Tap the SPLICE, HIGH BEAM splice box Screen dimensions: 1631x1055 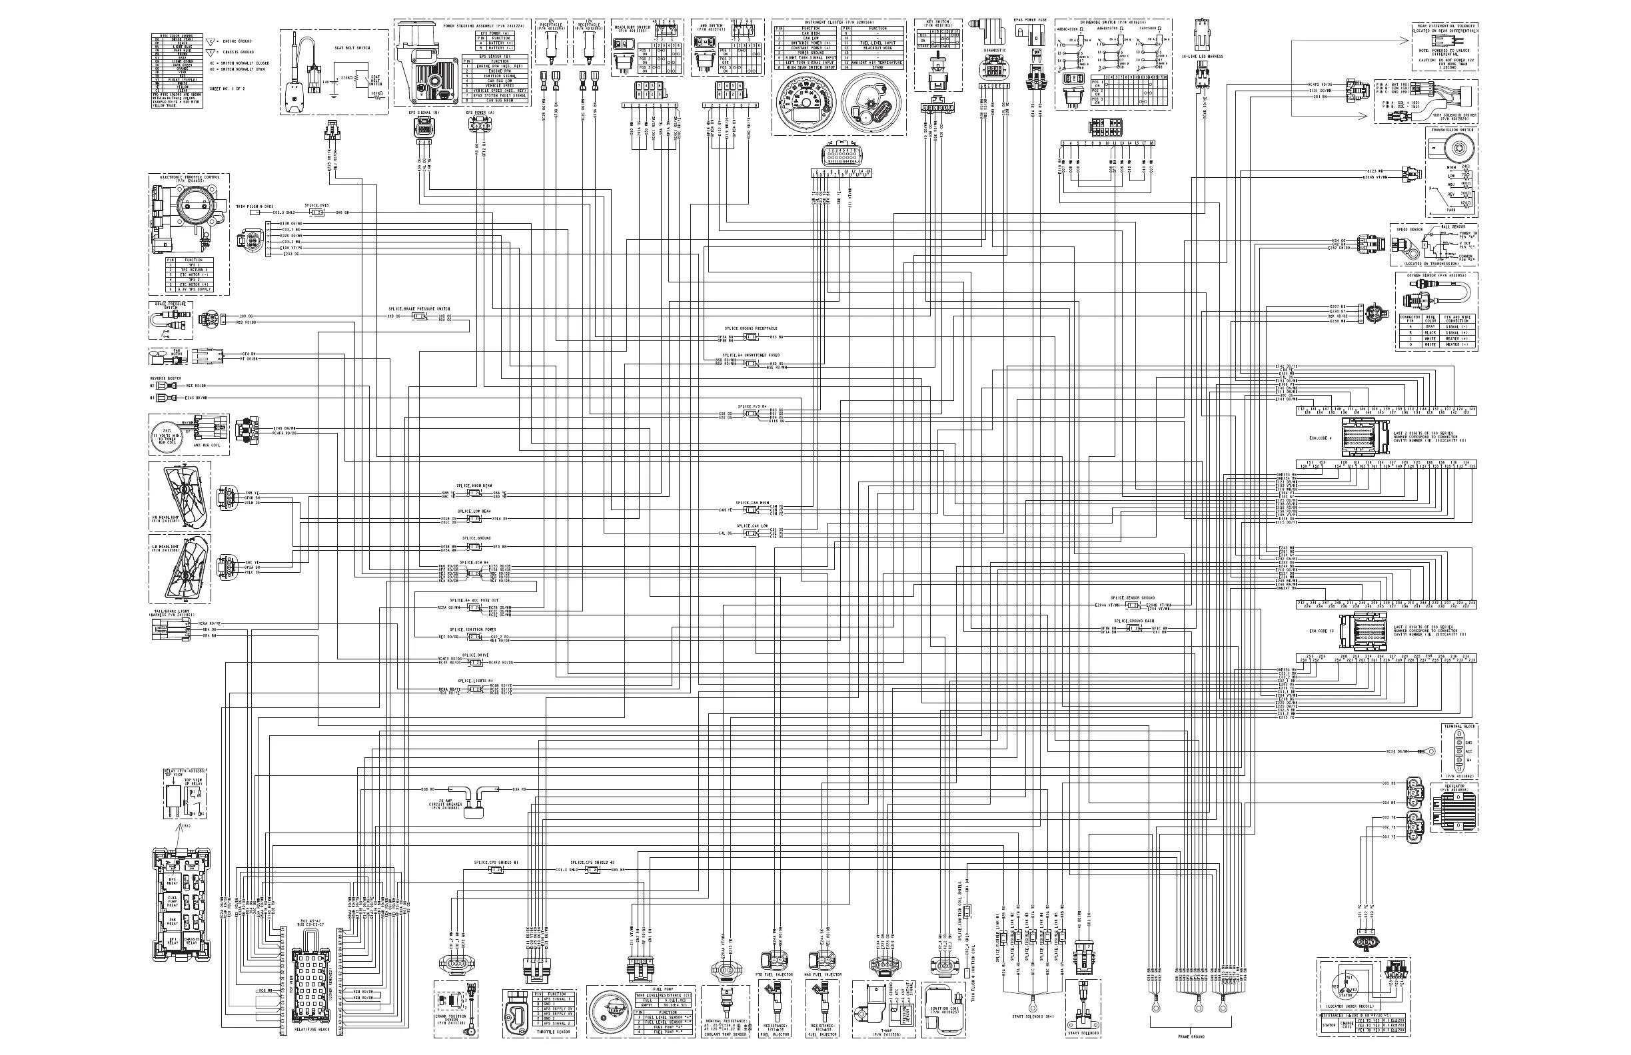click(474, 494)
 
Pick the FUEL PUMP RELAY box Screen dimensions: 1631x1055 click(172, 902)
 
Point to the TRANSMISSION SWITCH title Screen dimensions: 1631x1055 click(1452, 129)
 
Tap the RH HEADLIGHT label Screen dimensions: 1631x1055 click(165, 521)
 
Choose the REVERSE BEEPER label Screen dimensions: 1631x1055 click(165, 378)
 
